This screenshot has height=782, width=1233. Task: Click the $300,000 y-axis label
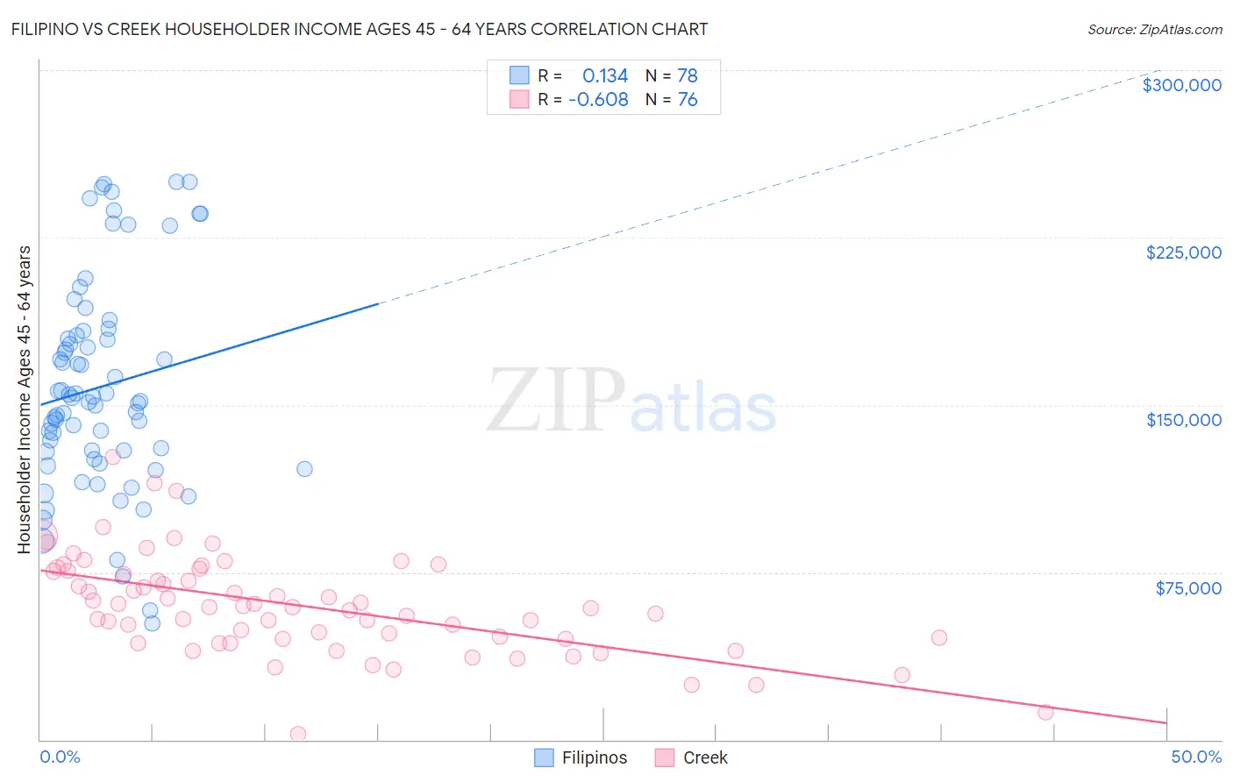(1181, 85)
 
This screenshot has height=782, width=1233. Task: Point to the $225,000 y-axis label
(1183, 252)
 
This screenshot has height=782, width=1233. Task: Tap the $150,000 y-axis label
(1183, 420)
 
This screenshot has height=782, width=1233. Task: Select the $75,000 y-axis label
(1187, 588)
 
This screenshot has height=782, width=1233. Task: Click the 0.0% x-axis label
(60, 757)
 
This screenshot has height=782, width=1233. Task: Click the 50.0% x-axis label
(1196, 757)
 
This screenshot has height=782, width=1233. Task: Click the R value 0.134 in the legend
(605, 76)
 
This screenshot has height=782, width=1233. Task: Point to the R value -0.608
(598, 100)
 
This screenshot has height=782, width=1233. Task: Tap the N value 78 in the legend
(688, 76)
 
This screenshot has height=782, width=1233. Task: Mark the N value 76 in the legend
(688, 100)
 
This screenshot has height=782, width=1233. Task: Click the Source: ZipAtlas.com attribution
(1154, 30)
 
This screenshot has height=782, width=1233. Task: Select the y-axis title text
(24, 400)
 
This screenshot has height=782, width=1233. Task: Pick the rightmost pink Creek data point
(1045, 712)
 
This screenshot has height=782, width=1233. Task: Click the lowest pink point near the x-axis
(298, 734)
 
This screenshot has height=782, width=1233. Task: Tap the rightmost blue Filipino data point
(304, 469)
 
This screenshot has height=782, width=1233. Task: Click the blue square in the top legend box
(520, 75)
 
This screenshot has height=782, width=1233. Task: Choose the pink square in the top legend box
(520, 99)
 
